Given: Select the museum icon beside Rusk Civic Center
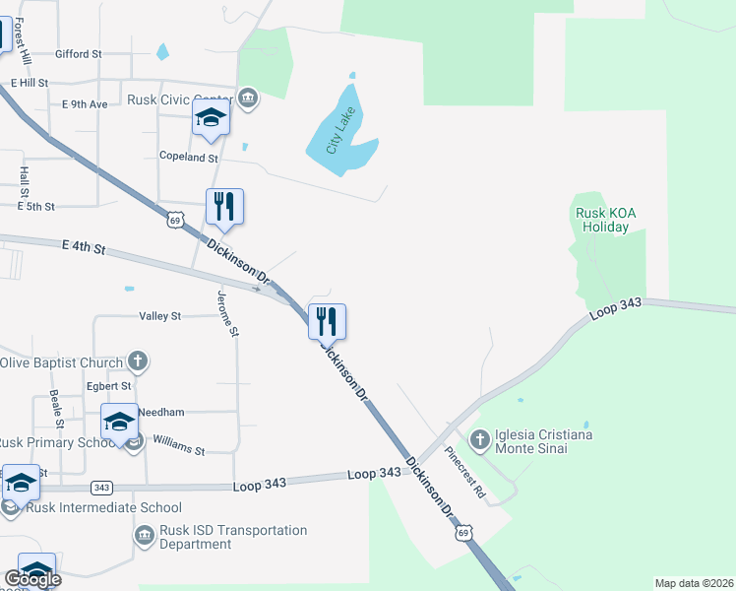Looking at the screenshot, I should click(x=247, y=98).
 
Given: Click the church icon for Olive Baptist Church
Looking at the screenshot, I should click(x=139, y=361).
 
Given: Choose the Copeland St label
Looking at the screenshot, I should click(x=188, y=157).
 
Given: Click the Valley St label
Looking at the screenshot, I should click(x=160, y=316).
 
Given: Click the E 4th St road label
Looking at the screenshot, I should click(x=83, y=246).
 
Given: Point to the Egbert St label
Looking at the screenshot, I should click(x=109, y=386).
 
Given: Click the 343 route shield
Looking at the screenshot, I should click(x=100, y=488).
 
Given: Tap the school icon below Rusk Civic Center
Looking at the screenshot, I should click(x=211, y=118).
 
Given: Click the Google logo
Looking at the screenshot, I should click(x=32, y=579).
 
